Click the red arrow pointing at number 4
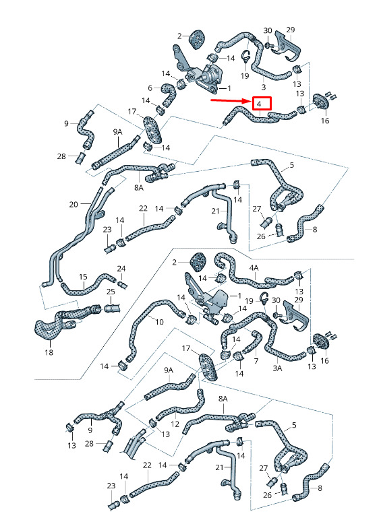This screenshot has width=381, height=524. click(x=230, y=100)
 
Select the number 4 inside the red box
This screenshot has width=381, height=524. click(x=259, y=104)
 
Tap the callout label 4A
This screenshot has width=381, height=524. click(x=254, y=268)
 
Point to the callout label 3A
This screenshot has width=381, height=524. click(x=277, y=368)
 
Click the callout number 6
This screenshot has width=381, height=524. click(x=150, y=88)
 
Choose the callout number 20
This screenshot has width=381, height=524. click(x=74, y=204)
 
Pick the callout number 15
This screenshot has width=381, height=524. click(x=83, y=277)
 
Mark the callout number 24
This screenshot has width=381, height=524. click(x=121, y=269)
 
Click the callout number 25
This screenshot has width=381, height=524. click(x=111, y=292)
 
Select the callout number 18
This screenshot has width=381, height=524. click(x=49, y=352)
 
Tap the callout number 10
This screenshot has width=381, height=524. click(x=160, y=322)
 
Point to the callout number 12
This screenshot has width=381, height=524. click(x=175, y=424)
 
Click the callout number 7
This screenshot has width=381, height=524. click(x=256, y=361)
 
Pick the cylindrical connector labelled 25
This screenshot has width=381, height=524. click(x=111, y=308)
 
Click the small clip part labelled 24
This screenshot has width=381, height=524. click(x=123, y=285)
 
